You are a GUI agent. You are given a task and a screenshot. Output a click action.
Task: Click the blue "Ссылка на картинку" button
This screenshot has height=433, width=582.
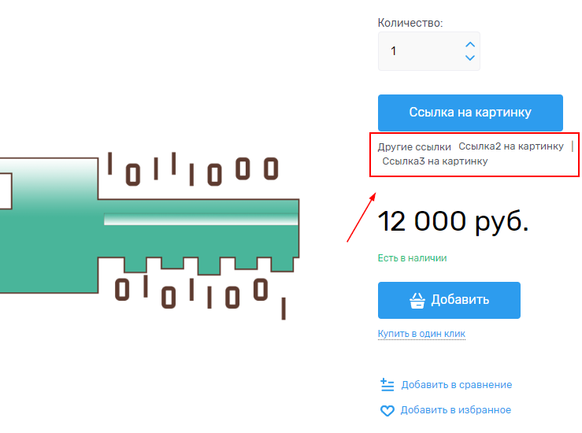[470, 113]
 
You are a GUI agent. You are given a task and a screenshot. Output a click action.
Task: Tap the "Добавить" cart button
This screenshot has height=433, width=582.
[449, 300]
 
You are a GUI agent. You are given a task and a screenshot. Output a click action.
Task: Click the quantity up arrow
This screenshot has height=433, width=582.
[470, 45]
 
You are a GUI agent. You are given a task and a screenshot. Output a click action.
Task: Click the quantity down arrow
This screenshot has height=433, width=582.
[470, 57]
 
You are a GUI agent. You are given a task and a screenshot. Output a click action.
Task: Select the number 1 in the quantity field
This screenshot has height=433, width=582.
[394, 51]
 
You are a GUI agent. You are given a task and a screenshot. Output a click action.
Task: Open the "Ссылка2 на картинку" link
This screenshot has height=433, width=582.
[511, 146]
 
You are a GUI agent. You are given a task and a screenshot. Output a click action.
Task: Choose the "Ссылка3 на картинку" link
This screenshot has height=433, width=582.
[435, 161]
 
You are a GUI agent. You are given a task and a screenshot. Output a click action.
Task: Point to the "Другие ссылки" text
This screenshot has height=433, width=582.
[414, 147]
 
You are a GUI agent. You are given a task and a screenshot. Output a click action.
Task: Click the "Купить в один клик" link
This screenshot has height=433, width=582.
[421, 334]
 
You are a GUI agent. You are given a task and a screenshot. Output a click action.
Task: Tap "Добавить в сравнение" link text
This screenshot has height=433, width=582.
[457, 385]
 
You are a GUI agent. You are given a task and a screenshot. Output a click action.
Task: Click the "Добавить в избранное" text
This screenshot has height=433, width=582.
[456, 410]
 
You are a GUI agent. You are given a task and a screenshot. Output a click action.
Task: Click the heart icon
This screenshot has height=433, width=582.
[387, 411]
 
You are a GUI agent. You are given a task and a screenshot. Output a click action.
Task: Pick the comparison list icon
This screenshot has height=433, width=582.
[387, 385]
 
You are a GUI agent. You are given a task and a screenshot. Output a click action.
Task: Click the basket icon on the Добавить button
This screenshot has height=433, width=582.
[417, 301]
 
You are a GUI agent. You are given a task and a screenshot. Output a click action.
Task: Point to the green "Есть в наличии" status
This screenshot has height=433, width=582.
[413, 258]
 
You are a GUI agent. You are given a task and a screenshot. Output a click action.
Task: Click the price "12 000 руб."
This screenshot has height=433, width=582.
[453, 221]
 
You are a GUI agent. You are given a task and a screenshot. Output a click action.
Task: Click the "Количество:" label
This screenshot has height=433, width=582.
[410, 23]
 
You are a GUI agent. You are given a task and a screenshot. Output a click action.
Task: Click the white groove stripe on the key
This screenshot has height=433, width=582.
[201, 219]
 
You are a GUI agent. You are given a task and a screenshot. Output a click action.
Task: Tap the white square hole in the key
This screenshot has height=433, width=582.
[6, 191]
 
